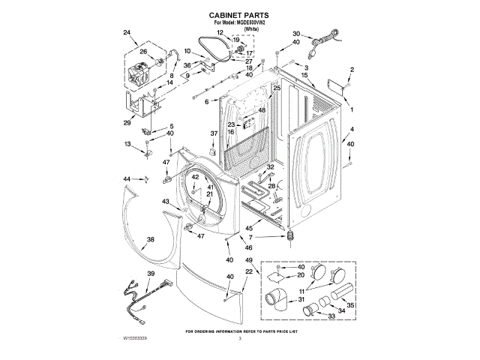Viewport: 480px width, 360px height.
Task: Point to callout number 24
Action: coord(126,32)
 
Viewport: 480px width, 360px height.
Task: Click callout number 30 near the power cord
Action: coord(295,34)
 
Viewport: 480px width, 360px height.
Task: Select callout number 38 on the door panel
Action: coord(150,239)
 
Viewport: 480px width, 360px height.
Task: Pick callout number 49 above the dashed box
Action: coord(250,259)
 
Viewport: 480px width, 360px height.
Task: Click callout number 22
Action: coord(250,271)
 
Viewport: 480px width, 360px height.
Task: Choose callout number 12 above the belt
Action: coord(220,32)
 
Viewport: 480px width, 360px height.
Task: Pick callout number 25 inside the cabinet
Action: coord(277,88)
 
